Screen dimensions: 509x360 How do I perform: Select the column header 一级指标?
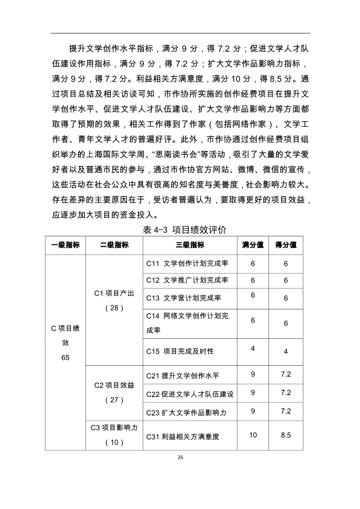click(65, 245)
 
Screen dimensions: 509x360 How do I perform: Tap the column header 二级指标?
click(114, 245)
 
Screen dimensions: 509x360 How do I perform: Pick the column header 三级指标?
click(190, 245)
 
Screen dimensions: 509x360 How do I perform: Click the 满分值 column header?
click(253, 245)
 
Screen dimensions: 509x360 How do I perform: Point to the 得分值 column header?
click(286, 245)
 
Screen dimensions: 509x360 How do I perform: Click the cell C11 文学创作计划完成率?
click(187, 264)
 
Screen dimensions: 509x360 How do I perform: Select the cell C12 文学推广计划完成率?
click(187, 280)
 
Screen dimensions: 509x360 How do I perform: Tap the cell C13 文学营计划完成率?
click(183, 298)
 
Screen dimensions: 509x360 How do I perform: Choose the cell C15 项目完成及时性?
click(180, 351)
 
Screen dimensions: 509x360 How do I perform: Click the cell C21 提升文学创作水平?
click(182, 376)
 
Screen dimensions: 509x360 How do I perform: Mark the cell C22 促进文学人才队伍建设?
click(190, 394)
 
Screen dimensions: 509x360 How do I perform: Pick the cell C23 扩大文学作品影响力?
click(186, 412)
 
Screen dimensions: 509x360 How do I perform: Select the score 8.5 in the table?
click(286, 435)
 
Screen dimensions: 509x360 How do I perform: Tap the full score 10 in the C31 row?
click(253, 435)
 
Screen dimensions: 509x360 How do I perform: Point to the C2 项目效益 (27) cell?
click(114, 392)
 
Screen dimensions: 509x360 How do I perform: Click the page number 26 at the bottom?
click(180, 457)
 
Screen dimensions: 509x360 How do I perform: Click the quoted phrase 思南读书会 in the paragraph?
click(182, 154)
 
